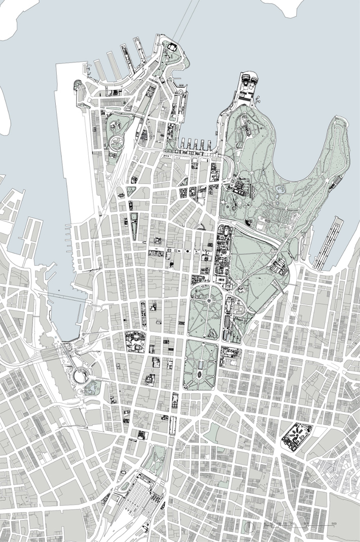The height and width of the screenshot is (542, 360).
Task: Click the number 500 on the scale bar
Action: (334, 523)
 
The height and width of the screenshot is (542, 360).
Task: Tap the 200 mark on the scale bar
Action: (292, 523)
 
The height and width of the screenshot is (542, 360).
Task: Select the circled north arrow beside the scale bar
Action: (248, 527)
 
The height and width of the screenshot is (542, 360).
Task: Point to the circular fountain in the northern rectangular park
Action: (208, 301)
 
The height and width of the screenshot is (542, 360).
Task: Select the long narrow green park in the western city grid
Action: (134, 226)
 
